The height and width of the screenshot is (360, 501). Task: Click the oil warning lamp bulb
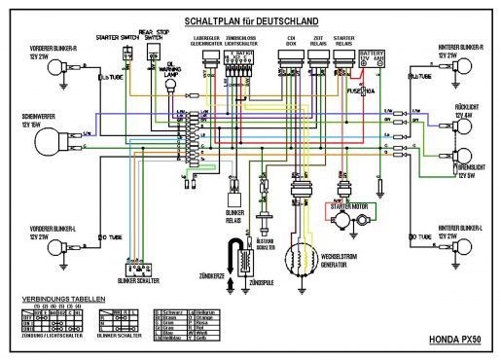click(x=166, y=86)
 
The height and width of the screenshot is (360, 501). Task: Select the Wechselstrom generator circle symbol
click(x=304, y=255)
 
